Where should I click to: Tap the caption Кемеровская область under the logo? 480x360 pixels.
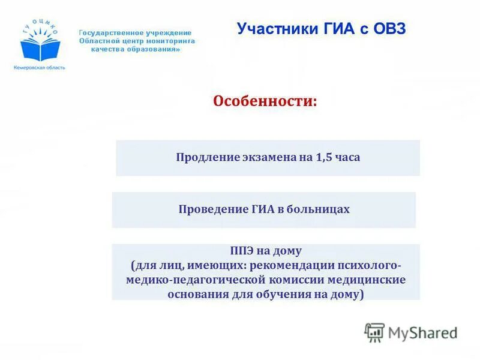click(39, 68)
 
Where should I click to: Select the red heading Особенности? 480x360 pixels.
click(265, 101)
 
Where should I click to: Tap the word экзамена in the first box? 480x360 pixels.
click(263, 158)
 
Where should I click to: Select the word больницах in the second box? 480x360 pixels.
click(320, 209)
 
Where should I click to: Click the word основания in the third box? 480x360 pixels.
click(199, 294)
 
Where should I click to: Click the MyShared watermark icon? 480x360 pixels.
click(374, 332)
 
